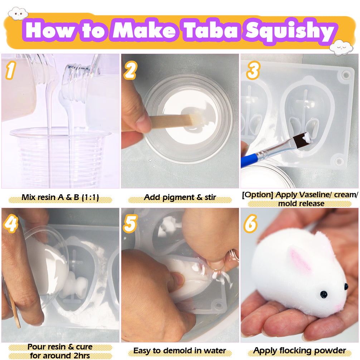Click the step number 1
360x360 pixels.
(10, 70)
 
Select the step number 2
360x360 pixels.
(130, 70)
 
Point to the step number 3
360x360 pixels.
(253, 70)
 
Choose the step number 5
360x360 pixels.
(130, 224)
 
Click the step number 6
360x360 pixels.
(250, 224)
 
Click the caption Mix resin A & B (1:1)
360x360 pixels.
(60, 197)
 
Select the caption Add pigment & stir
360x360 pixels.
(180, 198)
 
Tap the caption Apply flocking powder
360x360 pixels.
(300, 351)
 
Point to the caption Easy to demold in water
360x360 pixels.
(180, 351)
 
